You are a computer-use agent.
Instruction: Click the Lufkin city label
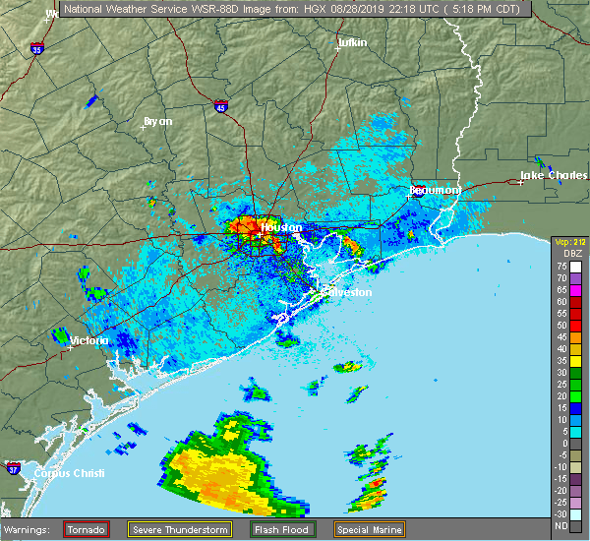coord(351,43)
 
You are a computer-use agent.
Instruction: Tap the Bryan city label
coord(157,121)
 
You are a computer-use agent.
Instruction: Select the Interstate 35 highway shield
coord(36,47)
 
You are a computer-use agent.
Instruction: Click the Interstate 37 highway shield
coord(13,466)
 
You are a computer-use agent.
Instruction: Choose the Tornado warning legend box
coord(87,529)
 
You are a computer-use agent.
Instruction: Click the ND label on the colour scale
coord(561,525)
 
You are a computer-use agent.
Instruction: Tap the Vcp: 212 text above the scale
coord(568,242)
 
